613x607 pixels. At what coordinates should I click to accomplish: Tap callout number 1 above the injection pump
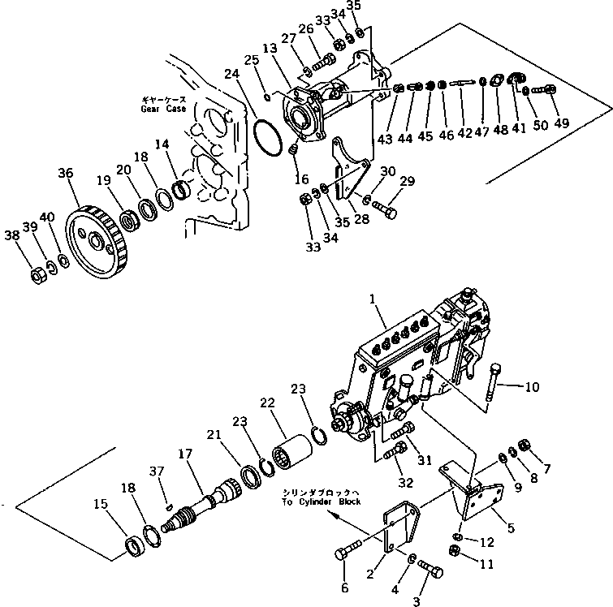coord(373,301)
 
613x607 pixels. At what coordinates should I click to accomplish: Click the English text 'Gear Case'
coord(162,109)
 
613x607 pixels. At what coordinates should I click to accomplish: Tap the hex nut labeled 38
coord(36,276)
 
